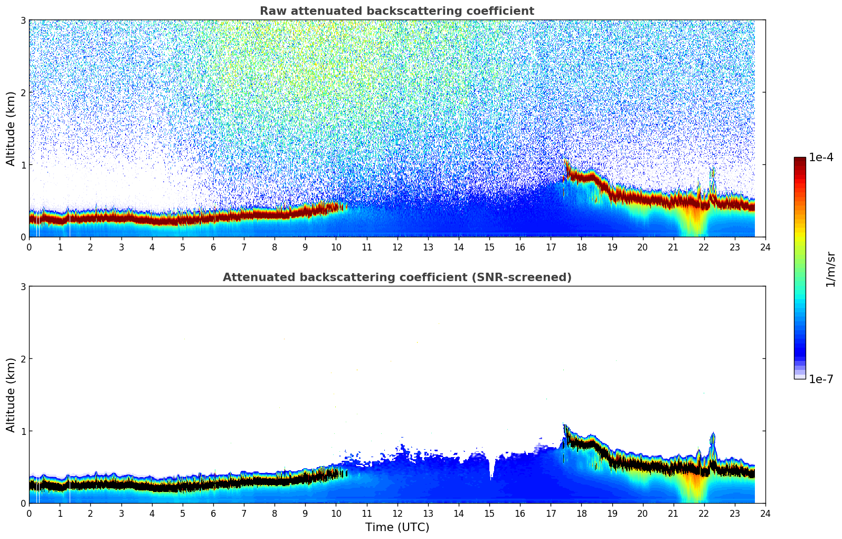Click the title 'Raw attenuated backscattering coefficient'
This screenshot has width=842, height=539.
pyautogui.click(x=396, y=11)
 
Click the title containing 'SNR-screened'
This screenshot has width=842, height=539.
pyautogui.click(x=396, y=277)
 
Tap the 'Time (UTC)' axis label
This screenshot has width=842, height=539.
pyautogui.click(x=397, y=527)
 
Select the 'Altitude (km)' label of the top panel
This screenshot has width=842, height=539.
pyautogui.click(x=11, y=128)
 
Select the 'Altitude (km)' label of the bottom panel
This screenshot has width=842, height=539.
pyautogui.click(x=11, y=395)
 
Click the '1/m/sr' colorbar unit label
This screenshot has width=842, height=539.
pyautogui.click(x=830, y=269)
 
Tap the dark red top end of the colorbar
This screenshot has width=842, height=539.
pyautogui.click(x=800, y=160)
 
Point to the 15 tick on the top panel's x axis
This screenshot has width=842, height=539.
pyautogui.click(x=489, y=247)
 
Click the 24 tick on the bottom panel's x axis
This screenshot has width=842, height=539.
pyautogui.click(x=765, y=513)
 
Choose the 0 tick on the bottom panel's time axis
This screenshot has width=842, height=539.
pyautogui.click(x=29, y=513)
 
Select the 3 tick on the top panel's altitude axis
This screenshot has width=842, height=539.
pyautogui.click(x=23, y=20)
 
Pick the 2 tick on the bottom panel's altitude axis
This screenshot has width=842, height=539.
pyautogui.click(x=23, y=359)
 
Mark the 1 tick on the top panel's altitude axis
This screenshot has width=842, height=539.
pyautogui.click(x=23, y=165)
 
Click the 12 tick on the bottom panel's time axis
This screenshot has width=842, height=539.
pyautogui.click(x=397, y=513)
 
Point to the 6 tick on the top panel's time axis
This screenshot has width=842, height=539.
pyautogui.click(x=213, y=247)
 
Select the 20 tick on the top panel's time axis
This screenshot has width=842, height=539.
pyautogui.click(x=642, y=247)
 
